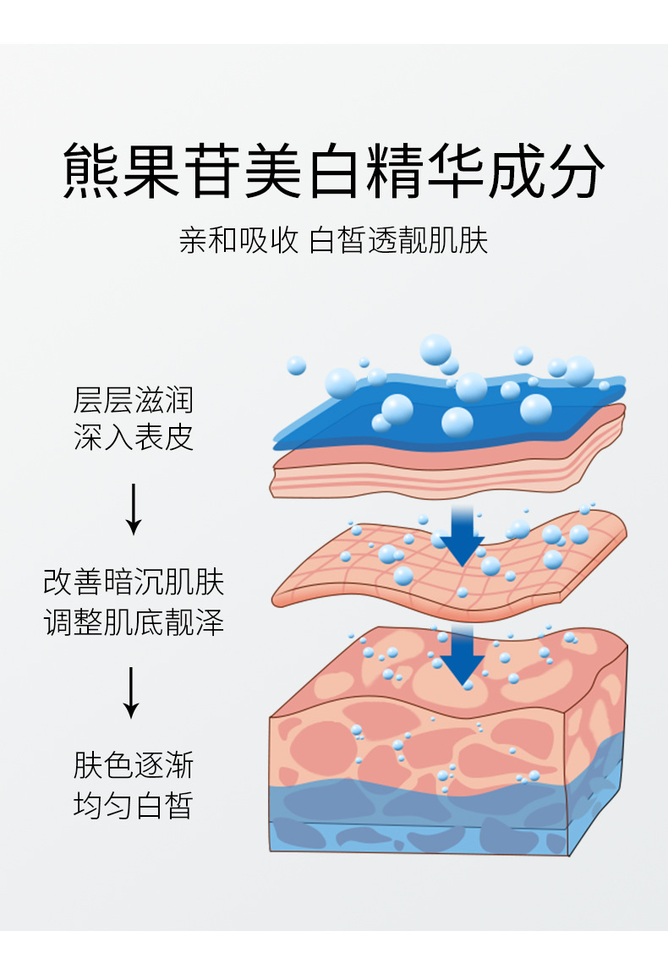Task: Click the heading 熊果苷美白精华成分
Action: coord(334,172)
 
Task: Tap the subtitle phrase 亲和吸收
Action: coord(238,241)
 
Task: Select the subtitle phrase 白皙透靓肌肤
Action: coord(399,241)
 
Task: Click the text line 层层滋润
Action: coord(134,398)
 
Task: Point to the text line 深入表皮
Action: coord(134,437)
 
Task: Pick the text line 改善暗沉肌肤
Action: coord(134,583)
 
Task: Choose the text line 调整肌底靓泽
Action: coord(134,623)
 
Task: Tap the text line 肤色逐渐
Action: coord(134,765)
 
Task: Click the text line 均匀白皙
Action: coord(134,805)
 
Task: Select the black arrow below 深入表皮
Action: coord(133,509)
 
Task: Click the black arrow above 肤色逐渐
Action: coord(130,693)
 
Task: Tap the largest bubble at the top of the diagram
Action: coord(435,348)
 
